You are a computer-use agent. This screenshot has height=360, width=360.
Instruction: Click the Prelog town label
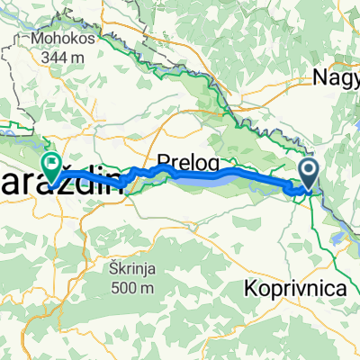183,163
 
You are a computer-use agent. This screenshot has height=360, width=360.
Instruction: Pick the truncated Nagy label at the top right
337,78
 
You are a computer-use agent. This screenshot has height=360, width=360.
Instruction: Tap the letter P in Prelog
163,163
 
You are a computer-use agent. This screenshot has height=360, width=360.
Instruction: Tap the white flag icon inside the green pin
52,163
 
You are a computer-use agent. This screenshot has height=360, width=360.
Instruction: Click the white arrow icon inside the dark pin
308,168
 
